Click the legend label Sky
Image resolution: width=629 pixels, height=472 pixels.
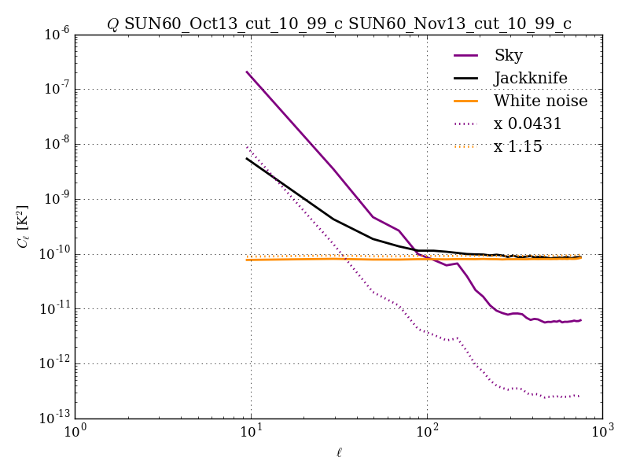pos(508,56)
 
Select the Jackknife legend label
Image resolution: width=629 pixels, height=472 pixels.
pos(530,79)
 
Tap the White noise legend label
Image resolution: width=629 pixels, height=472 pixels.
pos(540,101)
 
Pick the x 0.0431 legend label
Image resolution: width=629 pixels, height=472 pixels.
pos(528,124)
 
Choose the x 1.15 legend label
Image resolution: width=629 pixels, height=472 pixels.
pos(518,147)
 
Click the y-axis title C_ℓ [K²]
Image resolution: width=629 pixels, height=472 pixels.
pos(24,227)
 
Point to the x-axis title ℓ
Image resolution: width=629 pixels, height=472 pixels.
pos(339,453)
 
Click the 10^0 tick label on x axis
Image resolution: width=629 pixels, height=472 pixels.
pos(75,432)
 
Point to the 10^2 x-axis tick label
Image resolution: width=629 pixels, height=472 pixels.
pos(427,432)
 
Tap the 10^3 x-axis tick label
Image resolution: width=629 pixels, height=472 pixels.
pos(602,432)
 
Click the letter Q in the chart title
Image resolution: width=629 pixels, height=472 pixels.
pos(112,24)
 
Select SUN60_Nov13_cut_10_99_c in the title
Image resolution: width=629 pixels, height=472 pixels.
pos(459,24)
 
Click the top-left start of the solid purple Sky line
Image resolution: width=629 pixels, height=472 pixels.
pos(247,72)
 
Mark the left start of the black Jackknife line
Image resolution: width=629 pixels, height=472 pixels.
pos(247,158)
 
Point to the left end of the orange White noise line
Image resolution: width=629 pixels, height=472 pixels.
pos(247,260)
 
